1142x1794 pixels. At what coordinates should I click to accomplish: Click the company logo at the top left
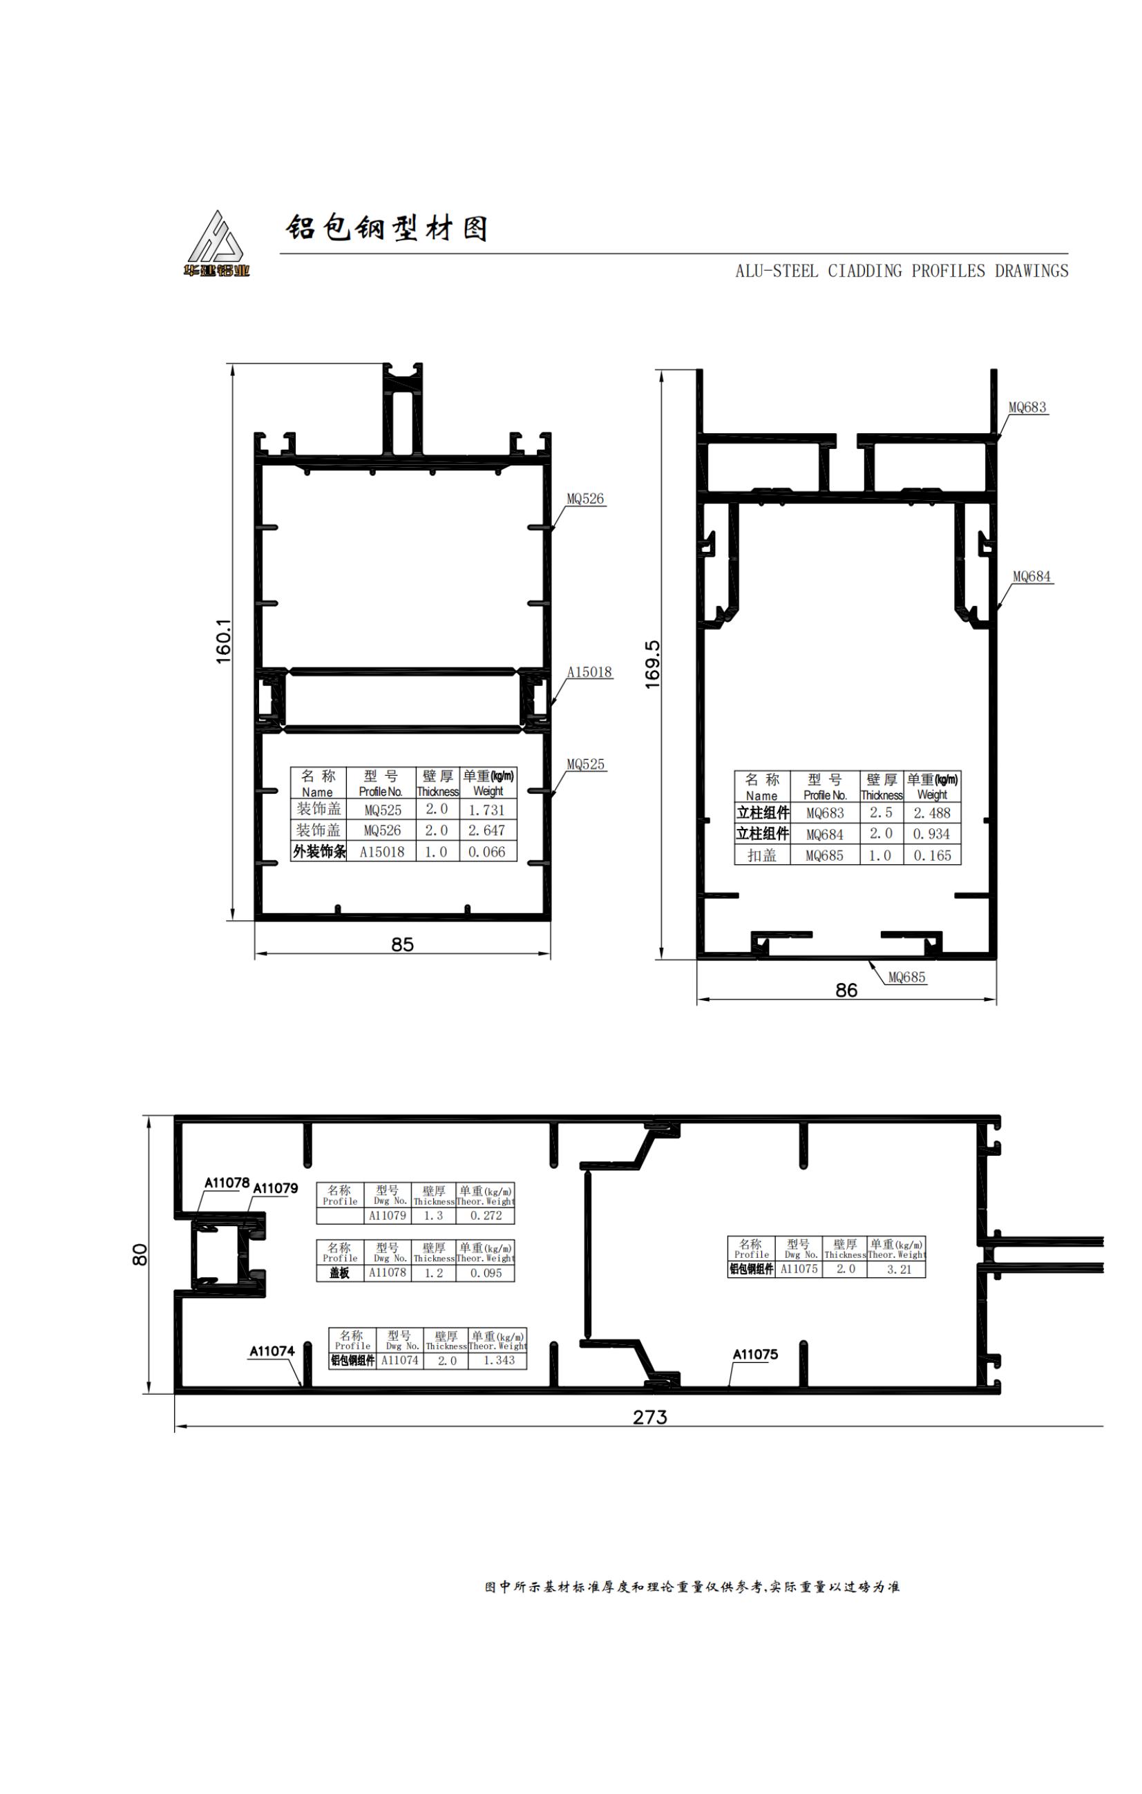217,244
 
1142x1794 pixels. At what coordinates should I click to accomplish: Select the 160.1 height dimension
223,642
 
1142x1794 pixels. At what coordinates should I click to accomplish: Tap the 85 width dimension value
402,945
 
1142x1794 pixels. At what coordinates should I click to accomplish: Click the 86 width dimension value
846,990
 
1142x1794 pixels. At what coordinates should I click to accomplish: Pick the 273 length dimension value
649,1416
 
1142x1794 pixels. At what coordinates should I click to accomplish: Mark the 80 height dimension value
140,1254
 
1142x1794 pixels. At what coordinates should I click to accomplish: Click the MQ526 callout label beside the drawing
586,499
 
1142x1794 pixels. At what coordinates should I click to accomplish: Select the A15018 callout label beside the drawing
589,672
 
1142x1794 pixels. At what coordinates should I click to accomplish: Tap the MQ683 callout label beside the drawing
1027,408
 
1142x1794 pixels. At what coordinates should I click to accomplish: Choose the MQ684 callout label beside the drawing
1031,577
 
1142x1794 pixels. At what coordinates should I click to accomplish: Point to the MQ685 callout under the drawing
906,977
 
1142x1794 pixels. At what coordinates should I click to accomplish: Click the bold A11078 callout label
227,1183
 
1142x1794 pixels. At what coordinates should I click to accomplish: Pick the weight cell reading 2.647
486,830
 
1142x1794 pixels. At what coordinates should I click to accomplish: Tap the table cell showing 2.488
932,814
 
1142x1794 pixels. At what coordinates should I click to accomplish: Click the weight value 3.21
899,1270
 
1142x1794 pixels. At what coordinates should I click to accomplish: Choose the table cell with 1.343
499,1360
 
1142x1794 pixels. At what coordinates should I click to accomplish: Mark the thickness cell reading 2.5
881,813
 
